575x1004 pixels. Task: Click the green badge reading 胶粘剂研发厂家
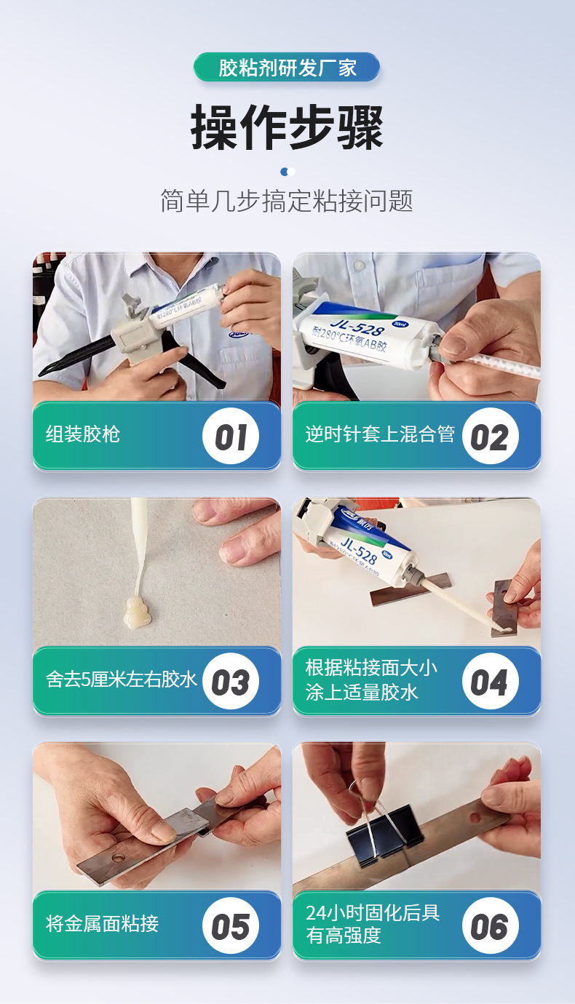click(x=287, y=67)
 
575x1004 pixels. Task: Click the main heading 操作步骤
click(x=287, y=127)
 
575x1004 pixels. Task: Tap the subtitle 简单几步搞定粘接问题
click(x=287, y=200)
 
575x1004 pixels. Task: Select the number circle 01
click(x=231, y=436)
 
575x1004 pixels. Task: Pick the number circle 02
click(x=491, y=436)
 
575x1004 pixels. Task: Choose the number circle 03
click(x=231, y=681)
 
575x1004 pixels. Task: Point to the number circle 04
click(x=491, y=681)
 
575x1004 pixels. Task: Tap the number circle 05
click(x=231, y=926)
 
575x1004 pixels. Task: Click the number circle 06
click(x=491, y=926)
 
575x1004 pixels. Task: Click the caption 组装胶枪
click(x=82, y=434)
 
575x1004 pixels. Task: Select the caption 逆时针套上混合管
click(x=380, y=434)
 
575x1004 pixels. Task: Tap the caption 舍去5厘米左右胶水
click(x=121, y=680)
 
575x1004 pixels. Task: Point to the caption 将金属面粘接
click(x=102, y=924)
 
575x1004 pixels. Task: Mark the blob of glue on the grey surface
click(x=138, y=611)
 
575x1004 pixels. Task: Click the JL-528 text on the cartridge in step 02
click(x=357, y=327)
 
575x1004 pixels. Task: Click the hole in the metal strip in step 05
click(x=119, y=858)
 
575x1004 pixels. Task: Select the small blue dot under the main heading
click(x=284, y=172)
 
